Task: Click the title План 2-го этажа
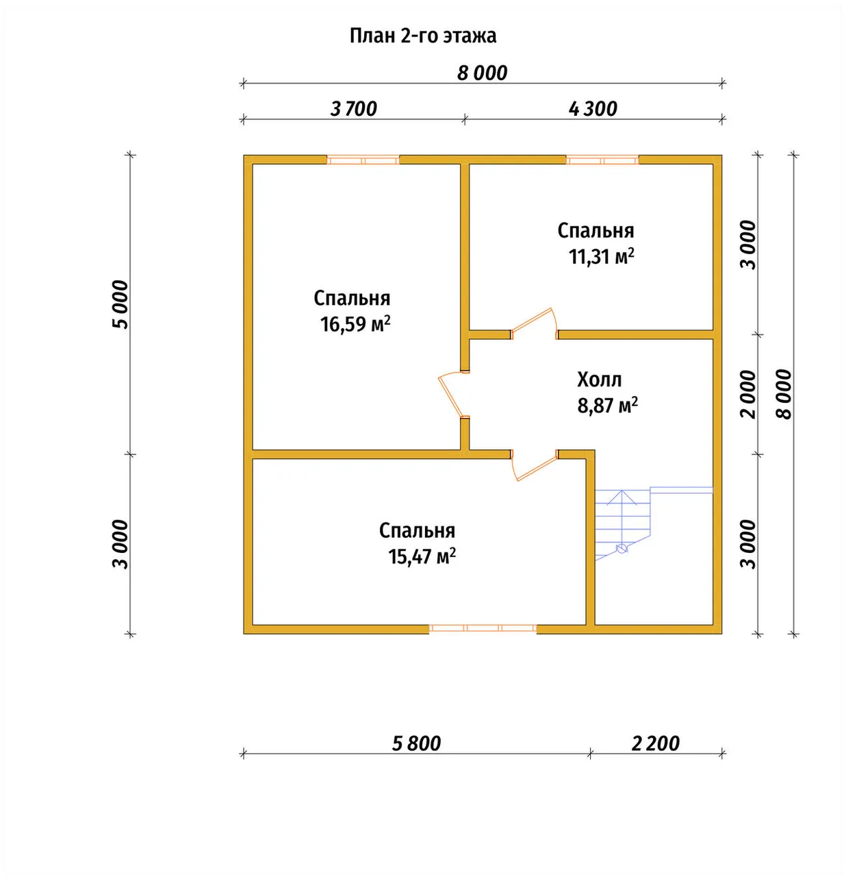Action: [422, 36]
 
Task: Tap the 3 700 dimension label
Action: [353, 109]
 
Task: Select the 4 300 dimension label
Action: [592, 109]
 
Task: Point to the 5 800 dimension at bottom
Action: [416, 743]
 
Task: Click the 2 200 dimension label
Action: [655, 743]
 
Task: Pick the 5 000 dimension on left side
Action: [120, 305]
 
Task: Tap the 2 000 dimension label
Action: [748, 395]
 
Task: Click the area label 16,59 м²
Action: [355, 325]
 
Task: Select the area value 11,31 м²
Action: [601, 256]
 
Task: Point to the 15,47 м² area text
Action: [422, 556]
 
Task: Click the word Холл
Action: [599, 380]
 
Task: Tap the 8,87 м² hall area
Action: [607, 406]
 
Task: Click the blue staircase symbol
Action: [654, 523]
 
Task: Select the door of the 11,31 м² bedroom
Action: [535, 323]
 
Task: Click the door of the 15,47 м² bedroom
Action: [535, 465]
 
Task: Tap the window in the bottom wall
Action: [483, 628]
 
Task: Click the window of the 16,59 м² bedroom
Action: [363, 160]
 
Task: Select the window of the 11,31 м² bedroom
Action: [602, 160]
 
